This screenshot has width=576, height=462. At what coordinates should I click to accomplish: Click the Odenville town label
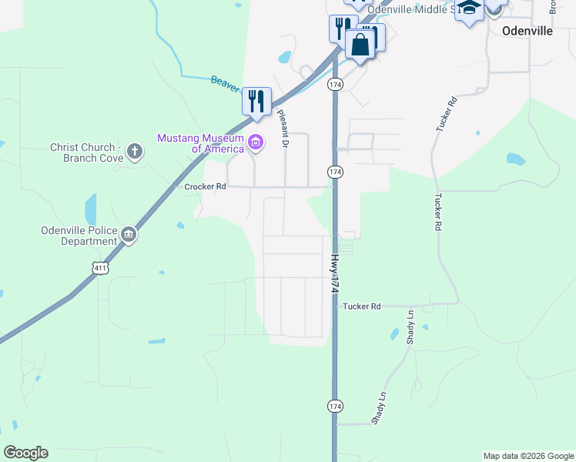pyautogui.click(x=527, y=31)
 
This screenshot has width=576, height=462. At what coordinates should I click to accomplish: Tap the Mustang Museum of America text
pyautogui.click(x=201, y=143)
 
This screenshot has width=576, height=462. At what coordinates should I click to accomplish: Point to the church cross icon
pyautogui.click(x=135, y=151)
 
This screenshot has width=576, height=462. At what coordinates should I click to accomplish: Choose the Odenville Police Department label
pyautogui.click(x=79, y=236)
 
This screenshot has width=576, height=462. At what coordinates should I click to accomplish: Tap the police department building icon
pyautogui.click(x=129, y=236)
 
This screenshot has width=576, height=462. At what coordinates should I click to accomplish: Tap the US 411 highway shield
pyautogui.click(x=99, y=266)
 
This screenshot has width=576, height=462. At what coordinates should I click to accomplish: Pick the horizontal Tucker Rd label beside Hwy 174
pyautogui.click(x=362, y=306)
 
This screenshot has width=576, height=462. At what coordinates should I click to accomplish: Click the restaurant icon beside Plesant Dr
pyautogui.click(x=256, y=100)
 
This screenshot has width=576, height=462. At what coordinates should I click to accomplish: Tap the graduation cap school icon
pyautogui.click(x=468, y=8)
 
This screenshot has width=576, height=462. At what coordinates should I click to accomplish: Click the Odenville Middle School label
pyautogui.click(x=407, y=8)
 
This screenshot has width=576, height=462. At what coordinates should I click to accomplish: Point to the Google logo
pyautogui.click(x=25, y=453)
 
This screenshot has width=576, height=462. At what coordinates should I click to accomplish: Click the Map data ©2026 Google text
pyautogui.click(x=527, y=456)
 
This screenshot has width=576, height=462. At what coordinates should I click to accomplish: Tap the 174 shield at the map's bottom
pyautogui.click(x=335, y=405)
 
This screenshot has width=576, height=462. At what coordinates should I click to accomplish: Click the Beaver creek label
pyautogui.click(x=224, y=83)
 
